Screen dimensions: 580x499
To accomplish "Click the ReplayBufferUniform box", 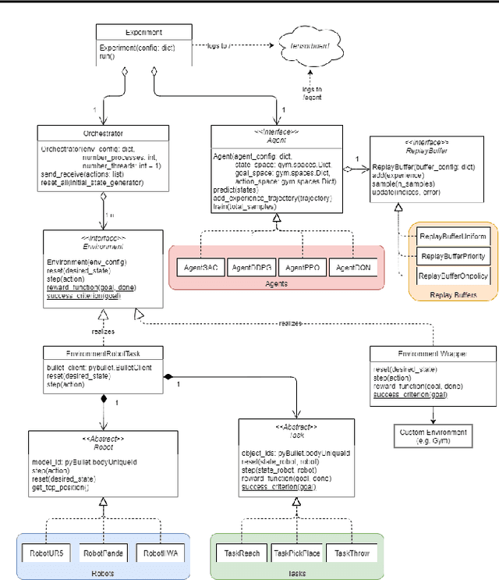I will tap(453, 236).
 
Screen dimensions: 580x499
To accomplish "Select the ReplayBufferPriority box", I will tap(453, 256).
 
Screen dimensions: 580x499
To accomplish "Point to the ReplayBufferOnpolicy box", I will tap(453, 276).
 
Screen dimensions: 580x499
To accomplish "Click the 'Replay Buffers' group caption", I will tap(452, 294).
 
